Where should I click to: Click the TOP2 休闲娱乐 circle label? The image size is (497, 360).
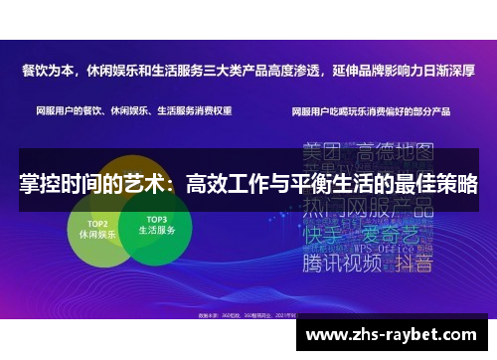[97, 228]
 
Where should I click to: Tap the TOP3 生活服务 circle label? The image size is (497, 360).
[155, 224]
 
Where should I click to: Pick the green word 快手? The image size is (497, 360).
[324, 237]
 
